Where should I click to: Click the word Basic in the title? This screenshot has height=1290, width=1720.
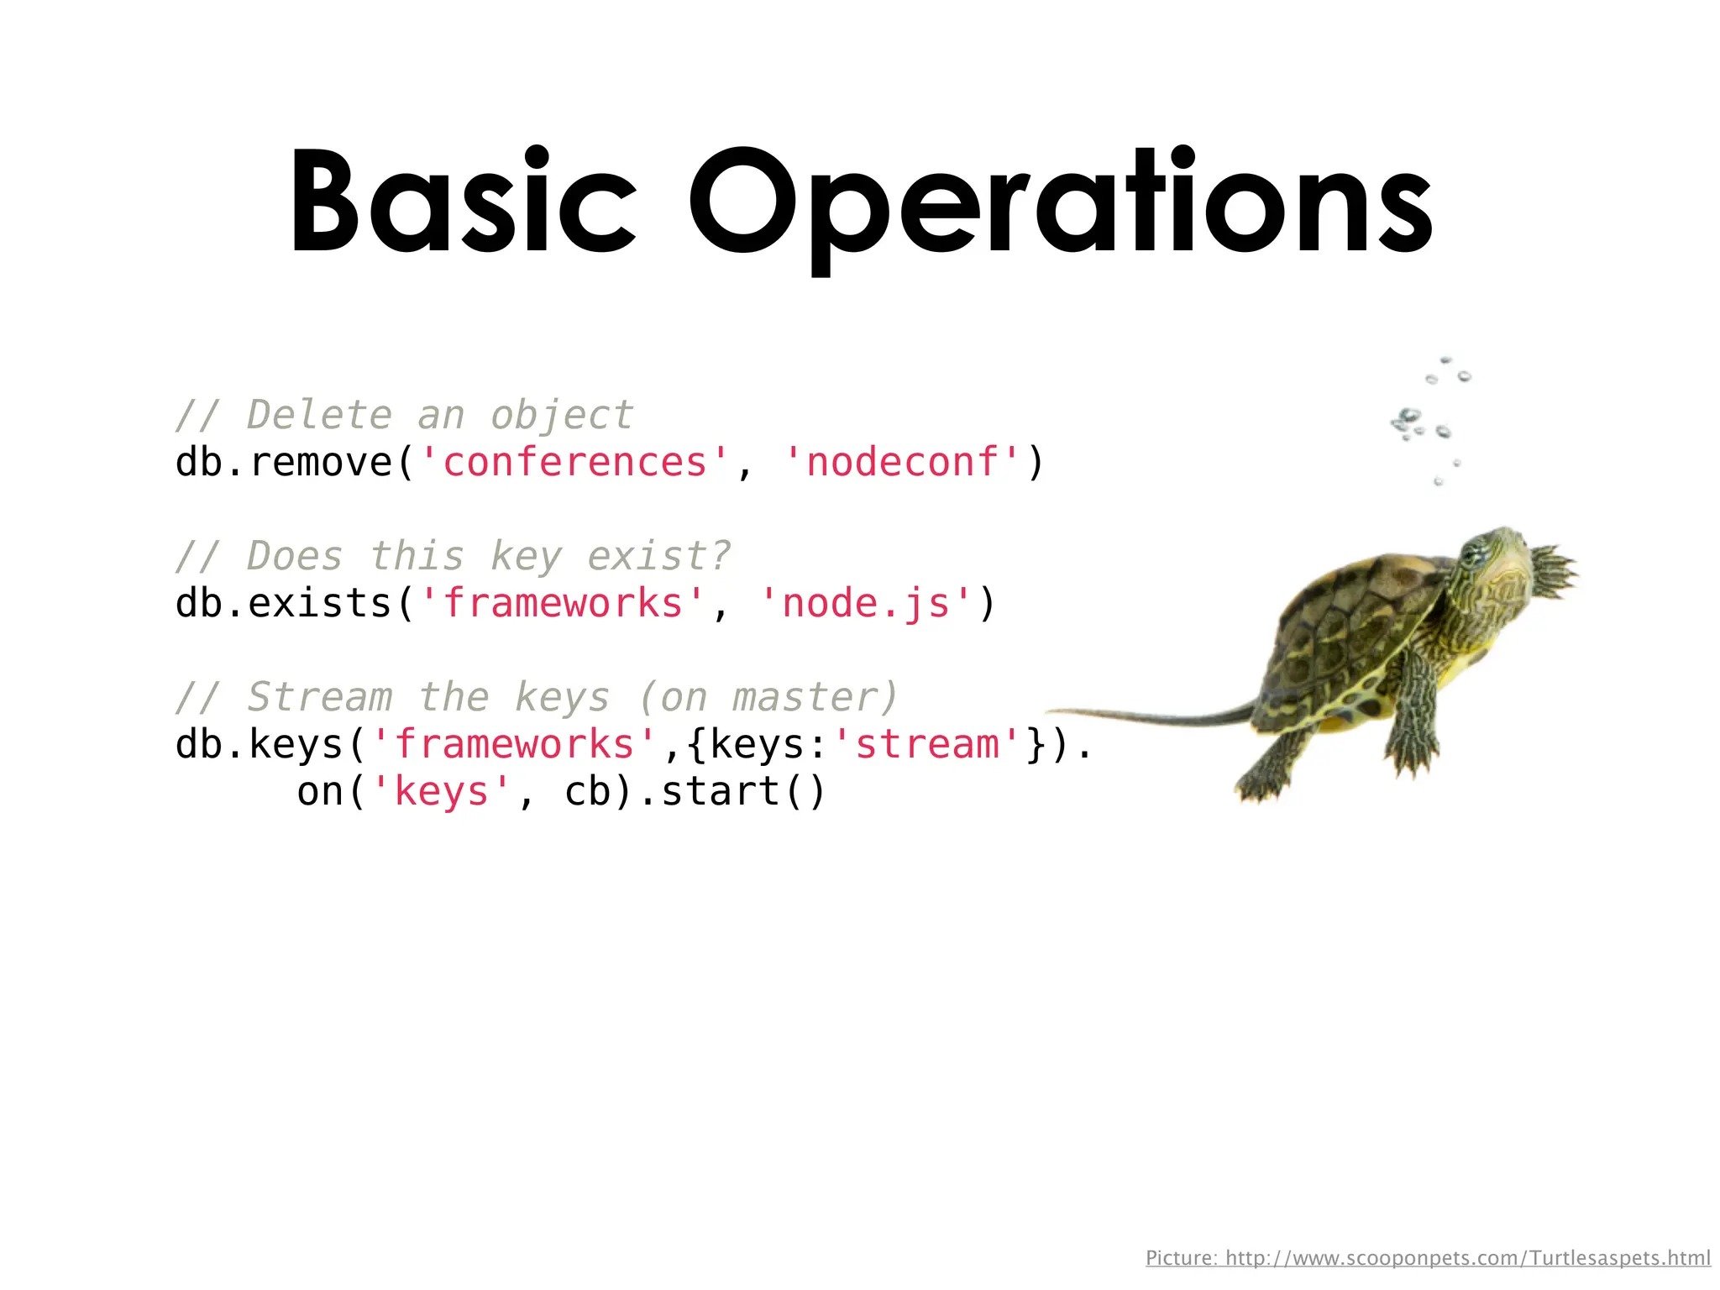[463, 202]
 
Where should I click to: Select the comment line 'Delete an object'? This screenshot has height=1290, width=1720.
[404, 415]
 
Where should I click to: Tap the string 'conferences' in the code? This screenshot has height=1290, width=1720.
[574, 462]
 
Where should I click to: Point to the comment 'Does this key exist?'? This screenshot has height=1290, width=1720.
[454, 556]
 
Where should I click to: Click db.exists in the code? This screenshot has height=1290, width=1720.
[283, 603]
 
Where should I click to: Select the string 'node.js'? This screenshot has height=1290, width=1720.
[865, 603]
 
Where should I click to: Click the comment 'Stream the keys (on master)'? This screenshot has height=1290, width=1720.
[537, 697]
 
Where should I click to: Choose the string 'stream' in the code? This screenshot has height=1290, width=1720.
[927, 744]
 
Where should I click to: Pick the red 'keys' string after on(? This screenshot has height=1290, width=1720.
[441, 791]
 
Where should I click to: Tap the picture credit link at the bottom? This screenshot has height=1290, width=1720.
[1428, 1257]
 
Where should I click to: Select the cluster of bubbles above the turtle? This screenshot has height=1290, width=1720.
[1428, 420]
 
